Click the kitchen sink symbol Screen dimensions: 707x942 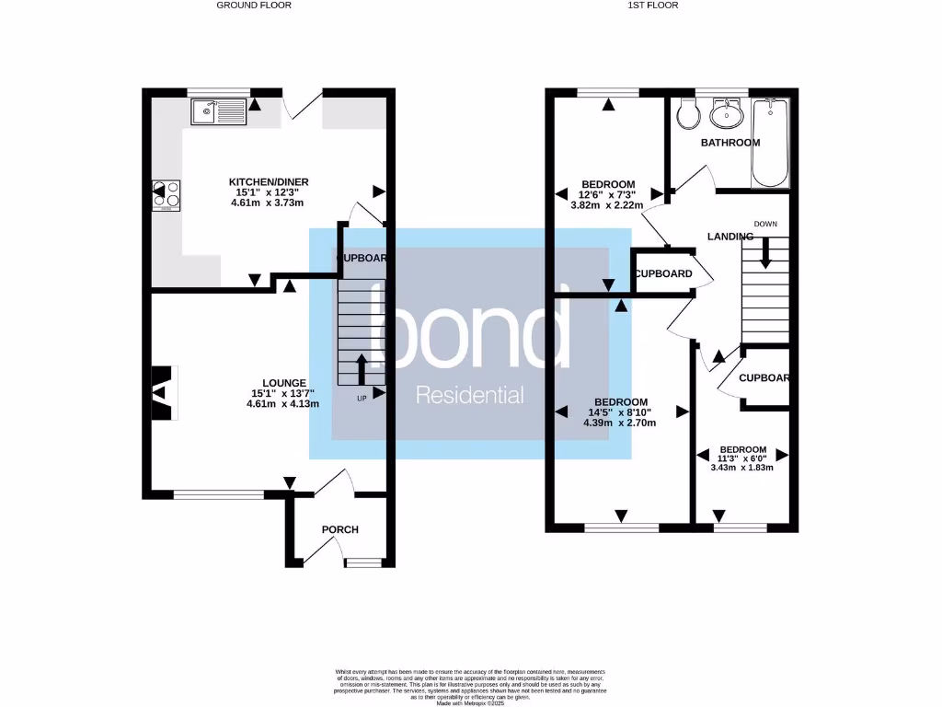click(217, 112)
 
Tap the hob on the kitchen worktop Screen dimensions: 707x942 click(167, 195)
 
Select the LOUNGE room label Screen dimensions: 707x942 click(283, 383)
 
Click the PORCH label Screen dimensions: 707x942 click(339, 529)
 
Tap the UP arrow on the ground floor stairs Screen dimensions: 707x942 click(360, 369)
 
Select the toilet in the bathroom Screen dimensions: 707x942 click(686, 114)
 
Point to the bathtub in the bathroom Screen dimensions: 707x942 click(770, 143)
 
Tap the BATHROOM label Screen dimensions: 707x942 click(730, 143)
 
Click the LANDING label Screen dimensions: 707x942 click(729, 237)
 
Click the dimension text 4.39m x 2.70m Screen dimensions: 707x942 click(620, 423)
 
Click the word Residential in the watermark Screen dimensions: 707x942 click(470, 395)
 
